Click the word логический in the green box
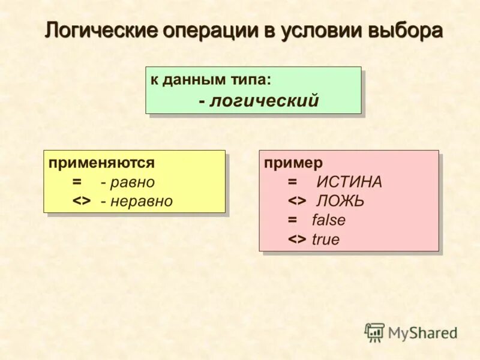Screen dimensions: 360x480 pyautogui.click(x=263, y=101)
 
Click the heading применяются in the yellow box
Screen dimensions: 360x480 pyautogui.click(x=101, y=163)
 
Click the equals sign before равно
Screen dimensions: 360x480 pyautogui.click(x=77, y=182)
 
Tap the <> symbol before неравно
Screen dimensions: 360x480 pyautogui.click(x=82, y=201)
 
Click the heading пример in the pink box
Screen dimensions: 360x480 pyautogui.click(x=293, y=163)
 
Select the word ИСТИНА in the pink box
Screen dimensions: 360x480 pyautogui.click(x=349, y=182)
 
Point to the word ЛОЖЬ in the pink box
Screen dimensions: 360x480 pyautogui.click(x=340, y=201)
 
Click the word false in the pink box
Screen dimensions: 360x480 pyautogui.click(x=329, y=220)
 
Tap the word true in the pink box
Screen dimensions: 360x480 pyautogui.click(x=326, y=239)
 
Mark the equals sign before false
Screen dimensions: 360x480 pyautogui.click(x=292, y=220)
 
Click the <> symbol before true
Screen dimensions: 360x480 pyautogui.click(x=297, y=239)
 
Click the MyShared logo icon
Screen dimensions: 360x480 pyautogui.click(x=374, y=332)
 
